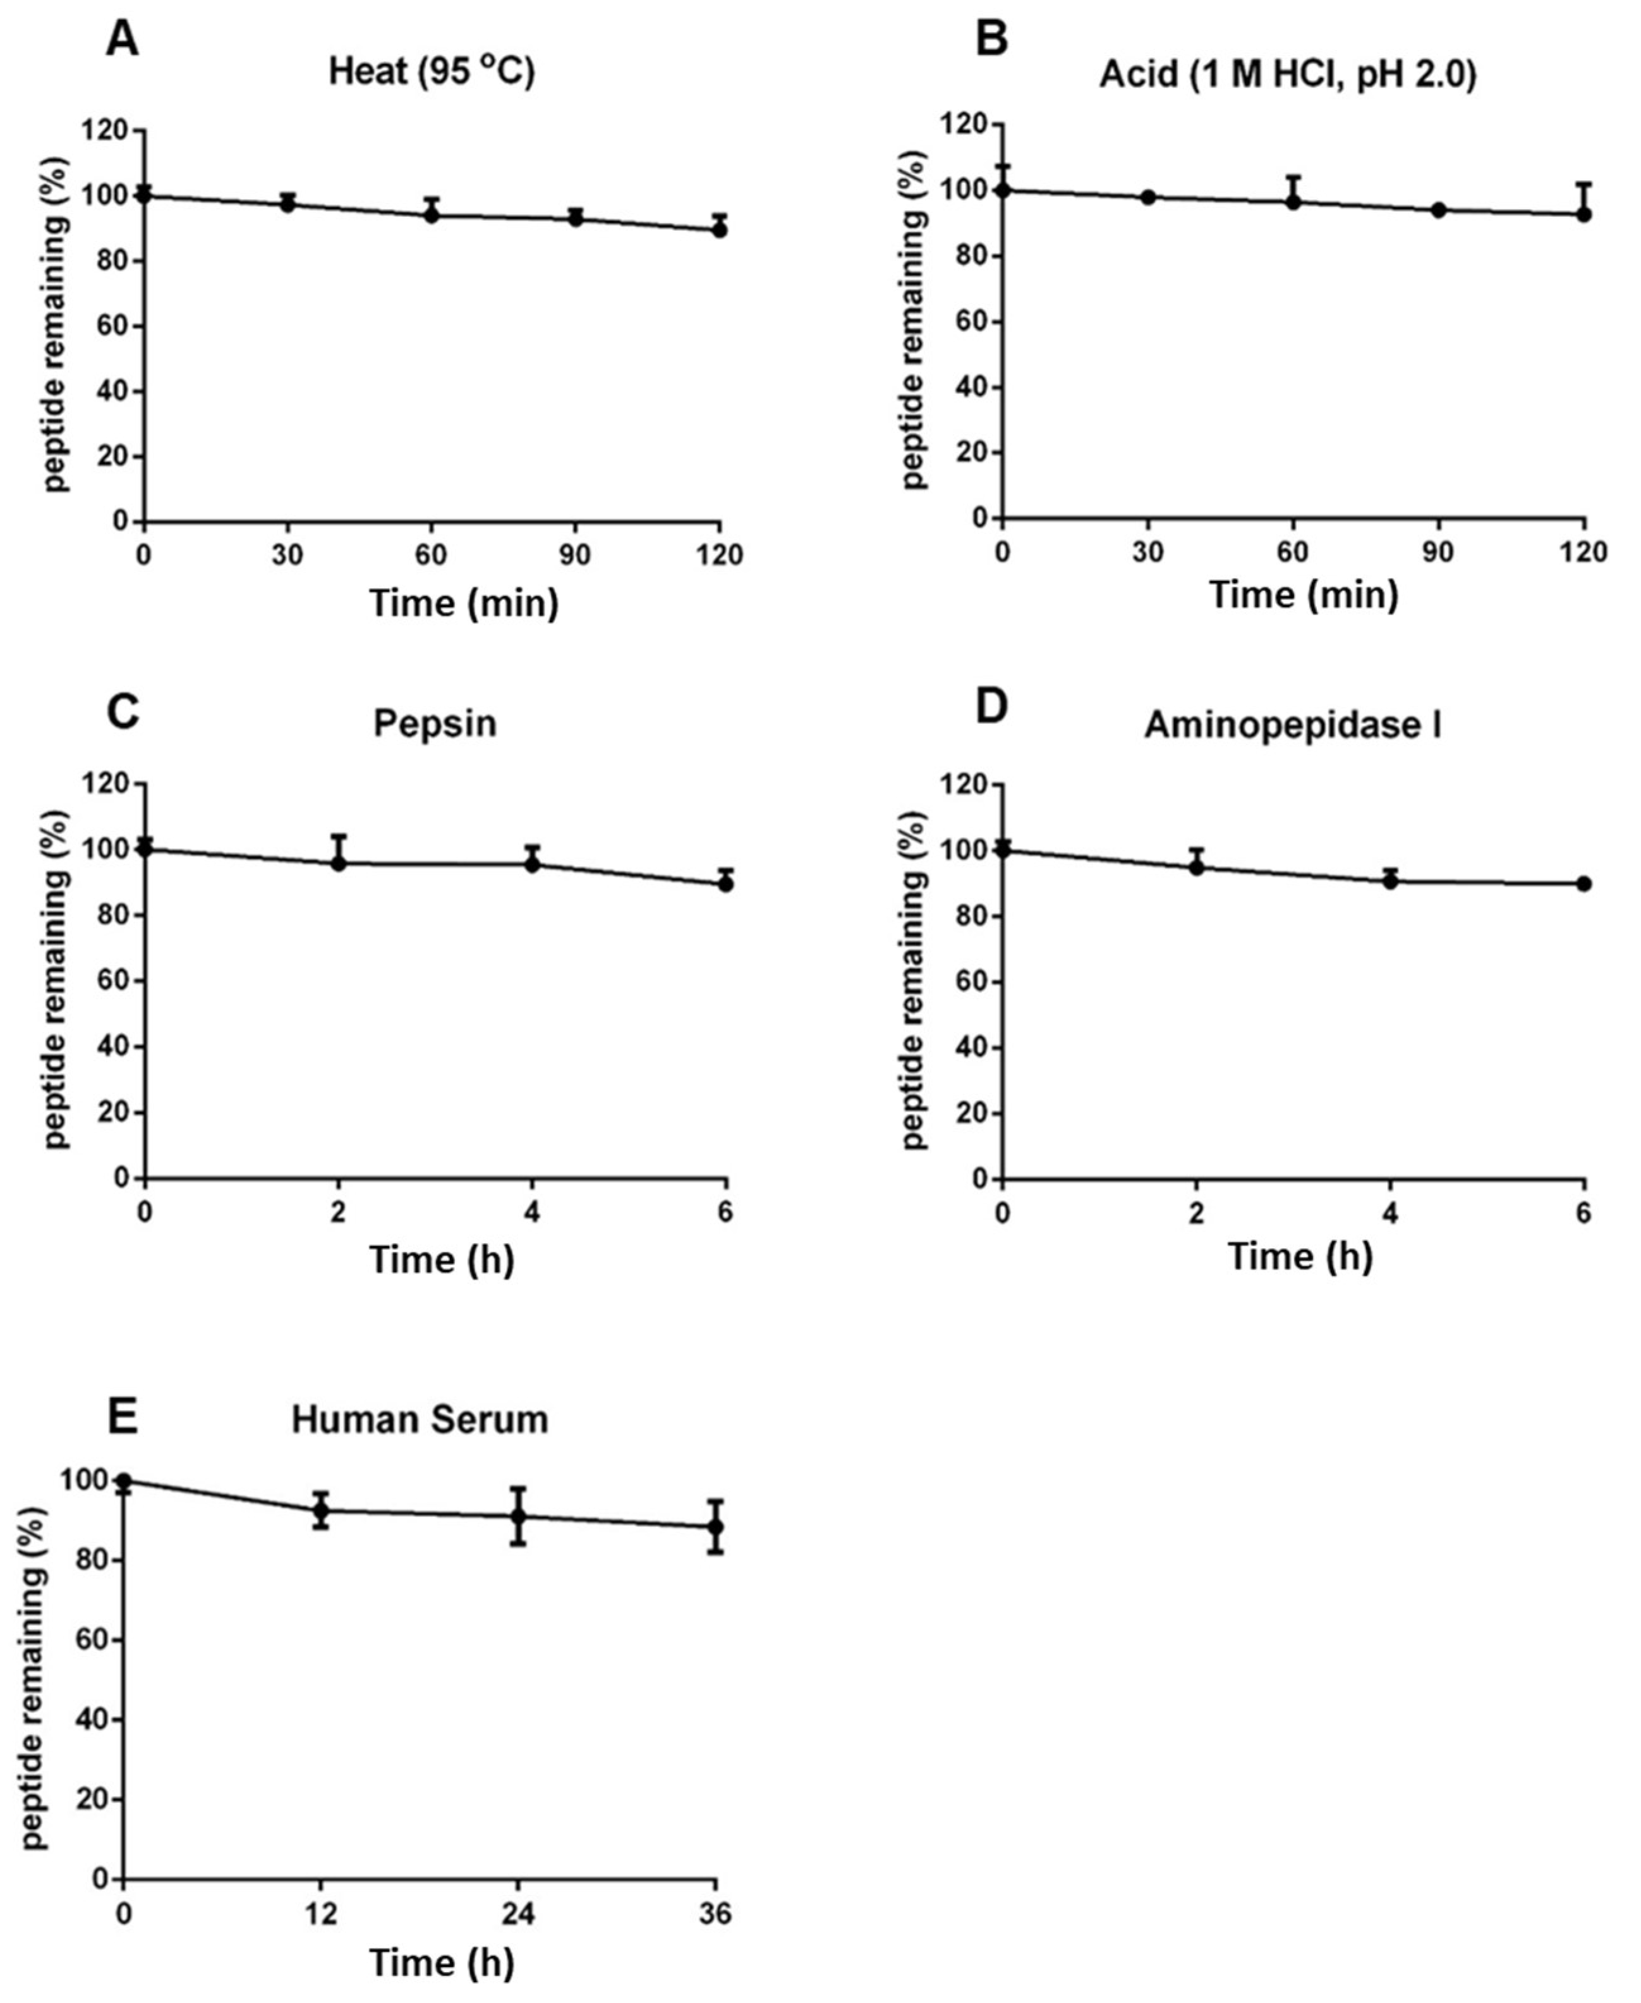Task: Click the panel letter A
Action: (x=122, y=40)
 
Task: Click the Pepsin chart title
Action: (x=435, y=723)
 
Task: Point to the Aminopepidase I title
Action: (x=1293, y=725)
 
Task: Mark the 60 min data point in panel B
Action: (x=1293, y=202)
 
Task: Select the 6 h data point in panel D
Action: (x=1584, y=883)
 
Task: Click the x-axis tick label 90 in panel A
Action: (x=575, y=555)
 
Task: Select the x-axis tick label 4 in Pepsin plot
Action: (x=532, y=1213)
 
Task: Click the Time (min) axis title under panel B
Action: (x=1304, y=595)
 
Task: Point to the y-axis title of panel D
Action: (x=914, y=981)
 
